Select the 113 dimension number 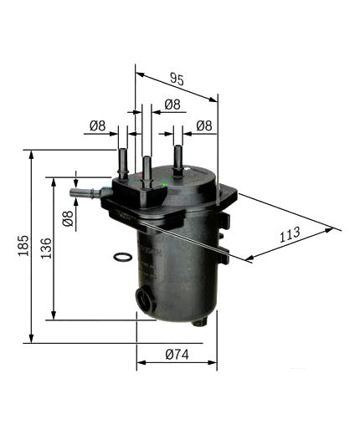coord(289,236)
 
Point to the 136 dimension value coord(46,248)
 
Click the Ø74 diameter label coord(176,355)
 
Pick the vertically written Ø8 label coord(68,220)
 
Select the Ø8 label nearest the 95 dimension coord(172,104)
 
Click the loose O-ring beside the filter coord(121,257)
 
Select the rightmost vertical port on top coord(177,157)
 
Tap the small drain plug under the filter coord(199,322)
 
